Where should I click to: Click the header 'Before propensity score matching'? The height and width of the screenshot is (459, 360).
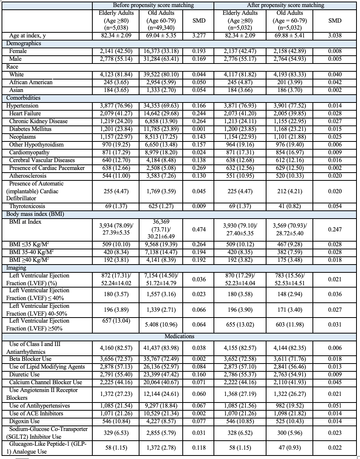[x=153, y=5]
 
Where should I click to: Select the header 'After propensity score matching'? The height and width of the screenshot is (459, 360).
[x=286, y=5]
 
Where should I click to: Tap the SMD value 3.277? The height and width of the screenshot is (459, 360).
[x=199, y=36]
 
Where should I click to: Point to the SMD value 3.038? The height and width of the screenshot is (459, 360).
[x=335, y=36]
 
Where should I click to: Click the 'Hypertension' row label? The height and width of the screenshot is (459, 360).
[x=22, y=106]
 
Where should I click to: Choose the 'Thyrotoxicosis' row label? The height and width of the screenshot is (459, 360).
[x=25, y=206]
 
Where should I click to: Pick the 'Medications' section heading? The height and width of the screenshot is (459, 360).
[x=179, y=336]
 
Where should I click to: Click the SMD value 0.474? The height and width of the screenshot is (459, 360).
[x=199, y=229]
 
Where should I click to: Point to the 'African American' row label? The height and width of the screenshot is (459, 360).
[x=31, y=82]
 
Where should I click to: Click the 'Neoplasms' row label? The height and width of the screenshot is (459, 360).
[x=23, y=137]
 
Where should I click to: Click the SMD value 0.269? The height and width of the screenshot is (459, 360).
[x=199, y=168]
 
